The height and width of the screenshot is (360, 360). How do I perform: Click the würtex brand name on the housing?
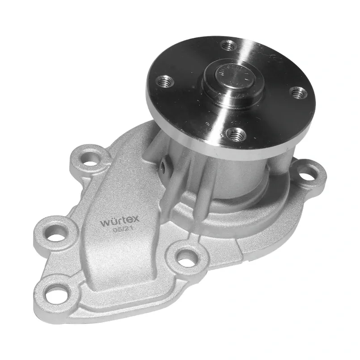point(120,220)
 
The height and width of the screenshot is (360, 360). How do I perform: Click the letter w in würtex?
point(106,223)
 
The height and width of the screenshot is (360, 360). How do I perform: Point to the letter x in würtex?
point(136,219)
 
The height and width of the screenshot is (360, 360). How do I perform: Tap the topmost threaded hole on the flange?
point(229,46)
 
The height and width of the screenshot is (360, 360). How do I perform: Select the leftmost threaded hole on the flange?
point(164,81)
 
